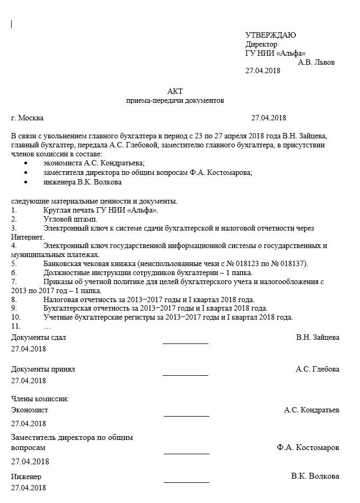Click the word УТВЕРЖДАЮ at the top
[270, 35]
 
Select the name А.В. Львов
[316, 62]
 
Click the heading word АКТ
[174, 91]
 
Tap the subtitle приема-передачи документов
[175, 100]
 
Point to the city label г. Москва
[28, 118]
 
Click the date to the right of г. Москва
[268, 118]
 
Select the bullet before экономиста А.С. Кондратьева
[25, 163]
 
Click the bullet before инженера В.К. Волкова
[25, 182]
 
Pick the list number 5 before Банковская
[14, 264]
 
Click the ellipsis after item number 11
[47, 326]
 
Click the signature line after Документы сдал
[186, 343]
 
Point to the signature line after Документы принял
[186, 375]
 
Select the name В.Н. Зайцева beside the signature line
[318, 337]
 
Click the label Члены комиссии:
[40, 398]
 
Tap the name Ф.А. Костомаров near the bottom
[308, 447]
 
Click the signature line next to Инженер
[186, 482]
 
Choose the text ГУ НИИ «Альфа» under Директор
[275, 53]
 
